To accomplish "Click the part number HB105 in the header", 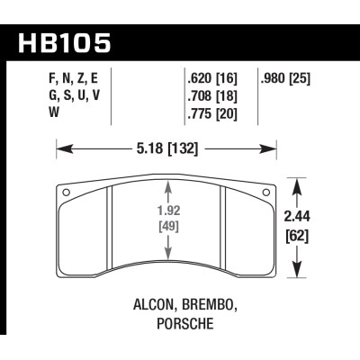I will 67,43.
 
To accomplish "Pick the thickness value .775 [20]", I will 212,113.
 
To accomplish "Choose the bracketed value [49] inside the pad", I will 167,229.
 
